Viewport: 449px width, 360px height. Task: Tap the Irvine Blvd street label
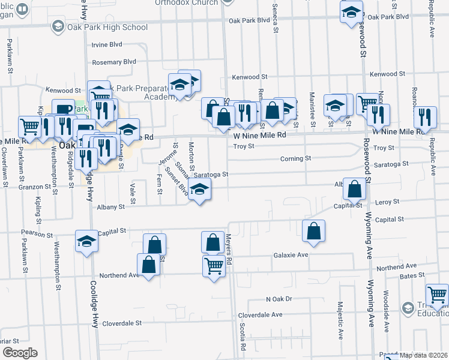pos(107,45)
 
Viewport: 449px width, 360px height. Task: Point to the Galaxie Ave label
pos(291,255)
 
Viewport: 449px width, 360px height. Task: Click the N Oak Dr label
pos(279,299)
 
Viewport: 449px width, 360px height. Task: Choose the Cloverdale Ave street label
pos(260,314)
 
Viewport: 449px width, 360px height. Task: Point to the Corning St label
pos(296,159)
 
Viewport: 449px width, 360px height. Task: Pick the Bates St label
pos(411,276)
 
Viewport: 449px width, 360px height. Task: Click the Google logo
pos(19,353)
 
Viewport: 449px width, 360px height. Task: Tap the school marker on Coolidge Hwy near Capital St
pos(86,242)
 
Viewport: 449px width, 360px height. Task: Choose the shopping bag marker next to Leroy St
pos(355,190)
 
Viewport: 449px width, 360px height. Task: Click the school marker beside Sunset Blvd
pos(199,190)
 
